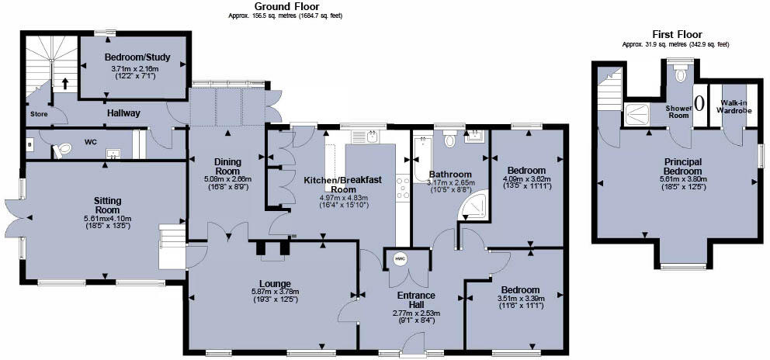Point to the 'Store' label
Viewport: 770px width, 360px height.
click(x=39, y=113)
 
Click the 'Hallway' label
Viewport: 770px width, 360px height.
click(x=123, y=113)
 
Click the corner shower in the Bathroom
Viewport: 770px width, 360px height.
click(x=475, y=206)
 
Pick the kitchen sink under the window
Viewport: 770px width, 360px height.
click(x=365, y=137)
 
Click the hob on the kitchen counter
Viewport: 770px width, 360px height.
click(x=404, y=188)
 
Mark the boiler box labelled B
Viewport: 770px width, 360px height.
click(x=29, y=144)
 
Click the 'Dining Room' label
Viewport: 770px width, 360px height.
click(x=228, y=166)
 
